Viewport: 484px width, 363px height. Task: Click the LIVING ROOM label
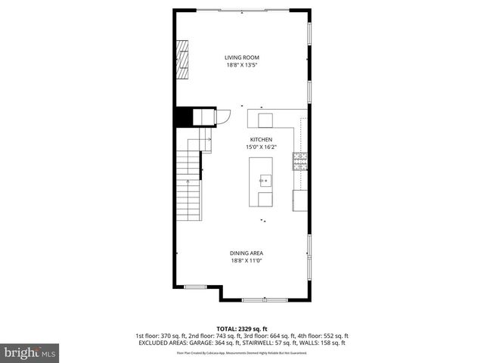(242, 57)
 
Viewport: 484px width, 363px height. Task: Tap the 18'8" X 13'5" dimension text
(242, 65)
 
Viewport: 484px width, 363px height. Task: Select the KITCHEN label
(261, 140)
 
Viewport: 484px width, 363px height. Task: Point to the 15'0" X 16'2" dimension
(261, 147)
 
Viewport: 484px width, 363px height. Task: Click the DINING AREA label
(247, 253)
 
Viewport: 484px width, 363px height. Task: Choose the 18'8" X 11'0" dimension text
(247, 261)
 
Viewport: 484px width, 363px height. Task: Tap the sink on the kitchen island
(265, 180)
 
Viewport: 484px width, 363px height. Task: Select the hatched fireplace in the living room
(182, 60)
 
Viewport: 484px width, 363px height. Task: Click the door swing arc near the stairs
(225, 118)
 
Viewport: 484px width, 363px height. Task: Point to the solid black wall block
(183, 118)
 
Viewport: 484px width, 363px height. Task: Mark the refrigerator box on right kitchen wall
(300, 200)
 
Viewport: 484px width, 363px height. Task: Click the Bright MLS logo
(30, 352)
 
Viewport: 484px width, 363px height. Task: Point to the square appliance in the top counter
(265, 119)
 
